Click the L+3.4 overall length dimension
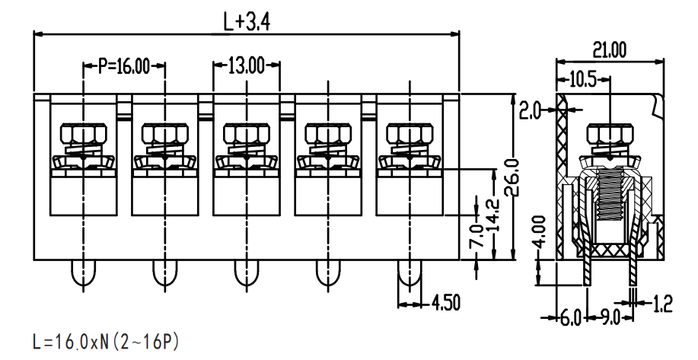point(246,22)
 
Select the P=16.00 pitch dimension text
point(124,66)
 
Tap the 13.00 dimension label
point(247,66)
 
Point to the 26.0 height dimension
point(513,177)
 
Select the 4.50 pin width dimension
point(445,303)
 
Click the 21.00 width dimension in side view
point(609,51)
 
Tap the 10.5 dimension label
point(583,80)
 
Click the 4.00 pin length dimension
point(539,232)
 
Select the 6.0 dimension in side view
point(571,318)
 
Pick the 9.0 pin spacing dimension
point(610,318)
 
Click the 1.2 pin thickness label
point(662,304)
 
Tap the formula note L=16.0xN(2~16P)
point(106,342)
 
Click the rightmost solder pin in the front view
point(410,272)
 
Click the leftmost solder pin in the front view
point(83,272)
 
